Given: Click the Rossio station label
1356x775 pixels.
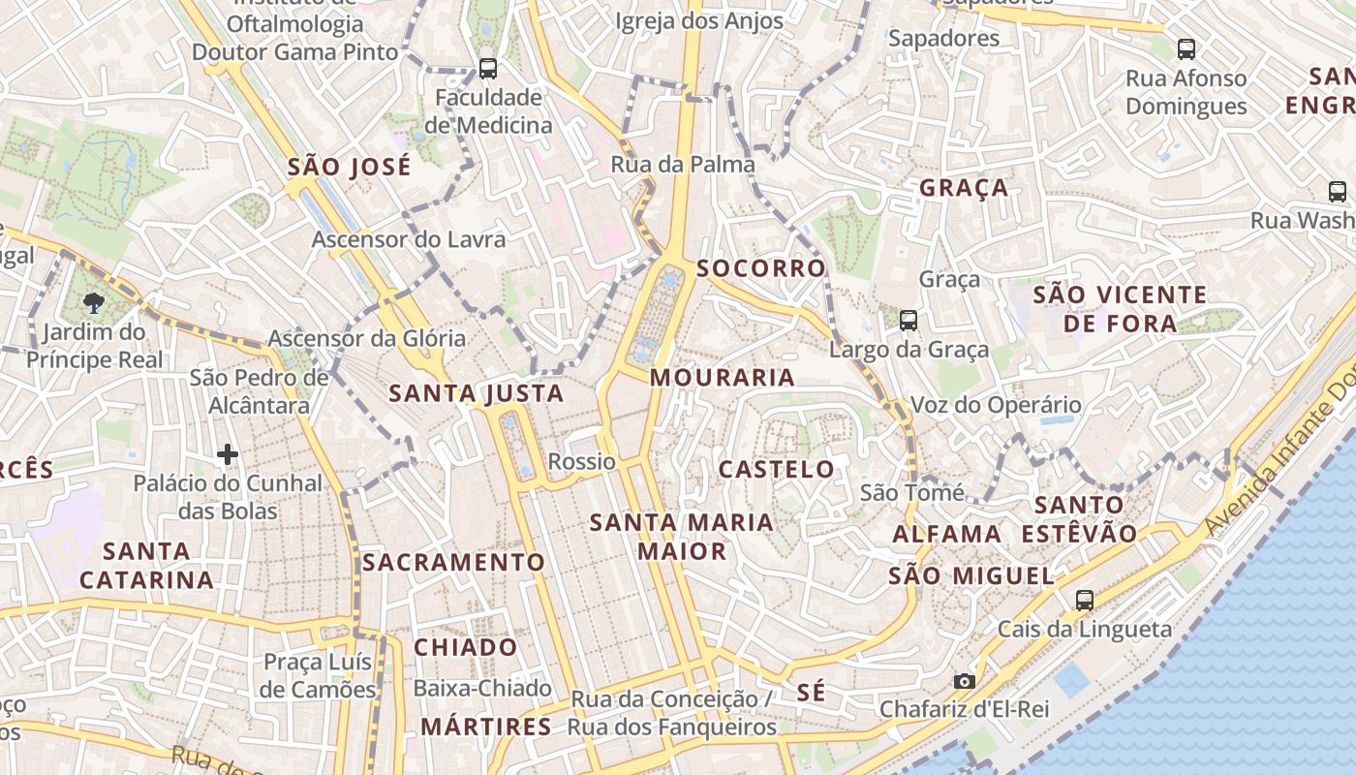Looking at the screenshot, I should (581, 461).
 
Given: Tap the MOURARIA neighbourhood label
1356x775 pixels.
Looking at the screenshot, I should (722, 377).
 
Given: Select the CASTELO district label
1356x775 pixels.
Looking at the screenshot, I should (776, 469).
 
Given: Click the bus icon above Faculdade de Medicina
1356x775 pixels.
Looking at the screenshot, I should (488, 69).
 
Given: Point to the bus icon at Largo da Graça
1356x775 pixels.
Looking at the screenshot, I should (908, 319).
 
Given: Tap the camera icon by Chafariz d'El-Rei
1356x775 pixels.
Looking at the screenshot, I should (964, 681).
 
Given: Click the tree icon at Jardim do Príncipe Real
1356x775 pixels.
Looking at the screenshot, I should (94, 303).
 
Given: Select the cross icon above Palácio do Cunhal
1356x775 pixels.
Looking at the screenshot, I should (228, 453).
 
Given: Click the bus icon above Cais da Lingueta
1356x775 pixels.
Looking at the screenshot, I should (1084, 600).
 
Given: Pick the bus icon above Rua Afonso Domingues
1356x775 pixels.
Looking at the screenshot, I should (1186, 48).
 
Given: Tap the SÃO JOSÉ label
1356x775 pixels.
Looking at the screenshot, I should (349, 167).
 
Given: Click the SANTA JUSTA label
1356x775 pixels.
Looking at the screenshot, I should (476, 392).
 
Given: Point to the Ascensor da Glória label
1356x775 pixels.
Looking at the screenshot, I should (366, 338).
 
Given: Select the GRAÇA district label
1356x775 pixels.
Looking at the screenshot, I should (964, 187).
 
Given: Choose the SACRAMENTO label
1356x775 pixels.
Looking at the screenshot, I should (453, 562).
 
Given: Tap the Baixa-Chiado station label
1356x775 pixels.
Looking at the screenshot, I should (482, 688).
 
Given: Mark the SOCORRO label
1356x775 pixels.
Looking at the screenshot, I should (761, 267).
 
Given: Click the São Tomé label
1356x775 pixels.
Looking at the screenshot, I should (911, 493).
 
